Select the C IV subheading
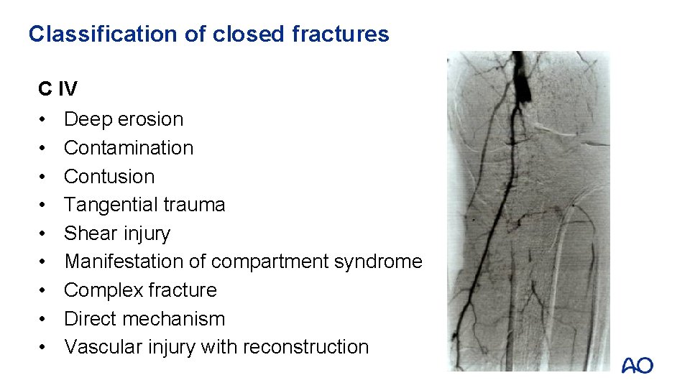tap(58, 89)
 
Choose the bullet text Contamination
tap(129, 148)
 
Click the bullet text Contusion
tap(109, 176)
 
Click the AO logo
tap(637, 365)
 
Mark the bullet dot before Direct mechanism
tap(44, 319)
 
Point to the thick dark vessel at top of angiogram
tap(520, 83)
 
